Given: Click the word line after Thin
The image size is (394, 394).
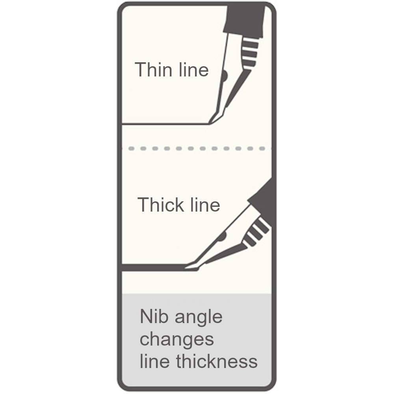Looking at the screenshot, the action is click(x=193, y=70).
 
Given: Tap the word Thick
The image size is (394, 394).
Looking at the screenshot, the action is click(x=161, y=204).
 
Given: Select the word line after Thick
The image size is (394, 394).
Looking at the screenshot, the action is click(x=205, y=204).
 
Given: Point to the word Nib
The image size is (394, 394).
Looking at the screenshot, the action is click(x=154, y=317).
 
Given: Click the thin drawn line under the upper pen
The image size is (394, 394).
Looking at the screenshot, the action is click(x=165, y=124).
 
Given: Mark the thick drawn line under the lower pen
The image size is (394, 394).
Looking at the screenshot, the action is click(x=154, y=268).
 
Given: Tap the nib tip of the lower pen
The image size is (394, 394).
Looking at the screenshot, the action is click(x=186, y=268).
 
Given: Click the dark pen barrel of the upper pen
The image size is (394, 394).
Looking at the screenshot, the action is click(x=245, y=21).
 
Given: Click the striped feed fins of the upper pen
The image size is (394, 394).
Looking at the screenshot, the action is click(x=249, y=53).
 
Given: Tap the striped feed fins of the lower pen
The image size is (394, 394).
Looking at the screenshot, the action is click(x=256, y=232).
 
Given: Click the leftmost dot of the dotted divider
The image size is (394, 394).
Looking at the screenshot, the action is click(x=131, y=149).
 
